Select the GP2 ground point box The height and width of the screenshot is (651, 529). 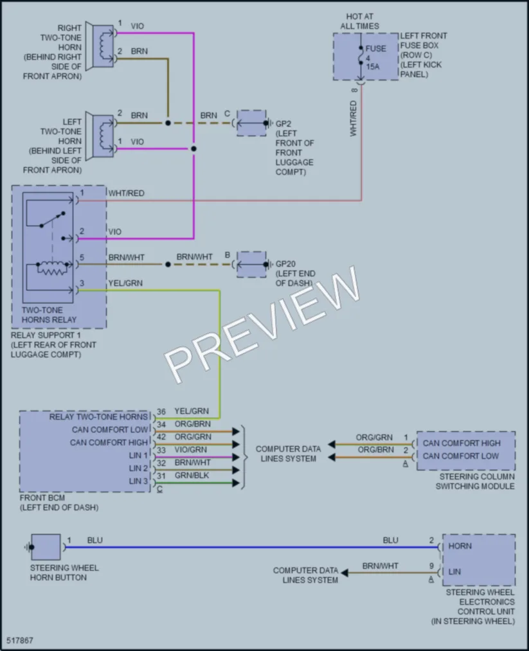tap(251, 123)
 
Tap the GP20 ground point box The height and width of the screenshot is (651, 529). tap(251, 264)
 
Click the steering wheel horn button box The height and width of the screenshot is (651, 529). tap(46, 547)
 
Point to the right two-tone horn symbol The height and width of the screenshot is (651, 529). tap(100, 46)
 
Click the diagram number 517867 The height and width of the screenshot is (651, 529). tap(19, 640)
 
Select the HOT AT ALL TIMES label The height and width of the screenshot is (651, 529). tap(359, 21)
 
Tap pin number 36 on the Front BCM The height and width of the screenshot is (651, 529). tap(161, 411)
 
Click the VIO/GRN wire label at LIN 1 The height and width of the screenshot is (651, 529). tap(191, 450)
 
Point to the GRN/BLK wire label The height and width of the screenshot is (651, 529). tap(192, 476)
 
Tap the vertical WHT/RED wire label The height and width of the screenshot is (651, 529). tap(354, 118)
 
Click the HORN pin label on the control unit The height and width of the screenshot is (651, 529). tap(460, 546)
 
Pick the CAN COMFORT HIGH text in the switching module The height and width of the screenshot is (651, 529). tap(462, 443)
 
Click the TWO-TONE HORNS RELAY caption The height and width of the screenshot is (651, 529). tap(49, 315)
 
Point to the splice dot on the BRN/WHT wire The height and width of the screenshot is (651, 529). tap(168, 264)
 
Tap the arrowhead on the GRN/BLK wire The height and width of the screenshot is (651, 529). tap(236, 483)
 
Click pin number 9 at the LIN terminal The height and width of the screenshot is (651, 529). tap(431, 566)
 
